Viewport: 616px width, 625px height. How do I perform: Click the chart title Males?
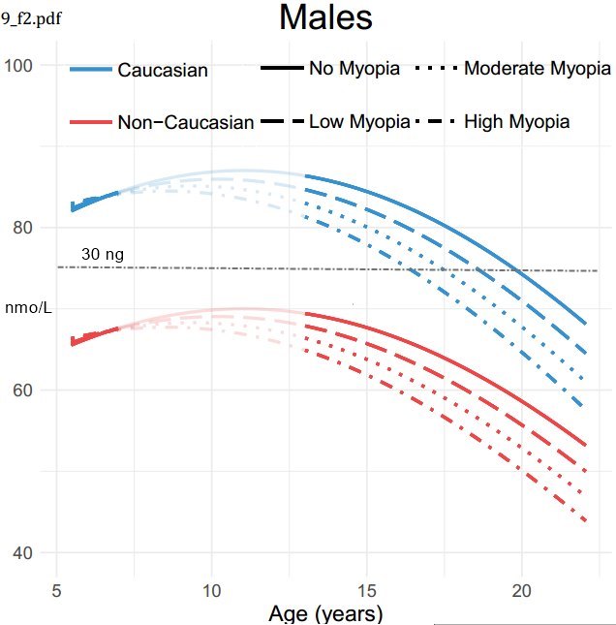325,17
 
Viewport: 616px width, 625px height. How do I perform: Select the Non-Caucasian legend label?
186,122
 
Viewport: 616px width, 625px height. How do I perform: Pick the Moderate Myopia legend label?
538,69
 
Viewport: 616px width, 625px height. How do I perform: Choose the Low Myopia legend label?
356,122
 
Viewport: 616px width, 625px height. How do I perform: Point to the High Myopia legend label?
516,122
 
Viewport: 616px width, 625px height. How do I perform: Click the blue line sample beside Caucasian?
90,70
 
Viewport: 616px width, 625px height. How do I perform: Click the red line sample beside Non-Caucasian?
90,122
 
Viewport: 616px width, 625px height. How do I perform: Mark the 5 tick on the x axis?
56,588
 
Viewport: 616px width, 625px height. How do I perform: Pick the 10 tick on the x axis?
211,588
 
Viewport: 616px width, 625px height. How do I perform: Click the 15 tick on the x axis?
366,588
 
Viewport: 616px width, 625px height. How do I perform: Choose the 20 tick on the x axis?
522,588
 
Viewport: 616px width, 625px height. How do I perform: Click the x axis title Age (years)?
324,613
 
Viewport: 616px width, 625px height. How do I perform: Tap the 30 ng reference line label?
103,254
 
